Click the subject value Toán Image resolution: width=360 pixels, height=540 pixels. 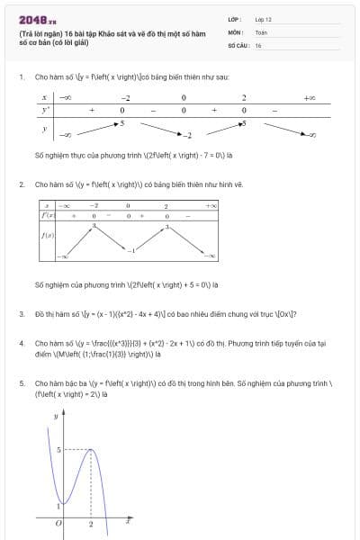(261, 31)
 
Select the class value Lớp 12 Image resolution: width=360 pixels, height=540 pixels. (263, 19)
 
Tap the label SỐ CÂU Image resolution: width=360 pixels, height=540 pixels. (238, 44)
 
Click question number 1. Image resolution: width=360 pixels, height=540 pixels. (21, 78)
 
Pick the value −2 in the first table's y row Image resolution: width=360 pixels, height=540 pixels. (189, 135)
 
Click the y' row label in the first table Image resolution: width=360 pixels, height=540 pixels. (43, 109)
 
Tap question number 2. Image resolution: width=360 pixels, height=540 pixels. (21, 184)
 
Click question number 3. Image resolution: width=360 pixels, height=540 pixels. (21, 314)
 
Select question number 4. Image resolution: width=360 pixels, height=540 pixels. (21, 344)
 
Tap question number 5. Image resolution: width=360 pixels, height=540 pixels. (21, 383)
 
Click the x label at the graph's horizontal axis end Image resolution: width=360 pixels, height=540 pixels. (129, 520)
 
